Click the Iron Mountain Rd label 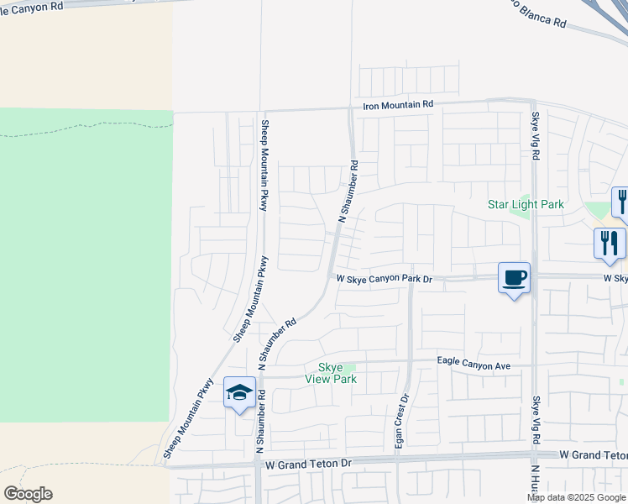[x=397, y=105]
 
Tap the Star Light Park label [x=526, y=204]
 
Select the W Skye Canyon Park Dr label [x=384, y=279]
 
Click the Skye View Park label [x=338, y=373]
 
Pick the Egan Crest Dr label [x=402, y=421]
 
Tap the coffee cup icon [x=514, y=277]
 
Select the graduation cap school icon [x=239, y=392]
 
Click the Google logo [x=28, y=494]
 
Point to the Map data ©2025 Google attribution [x=577, y=497]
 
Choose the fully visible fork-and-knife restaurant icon [x=609, y=243]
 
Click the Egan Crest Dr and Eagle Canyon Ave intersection [x=409, y=362]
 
